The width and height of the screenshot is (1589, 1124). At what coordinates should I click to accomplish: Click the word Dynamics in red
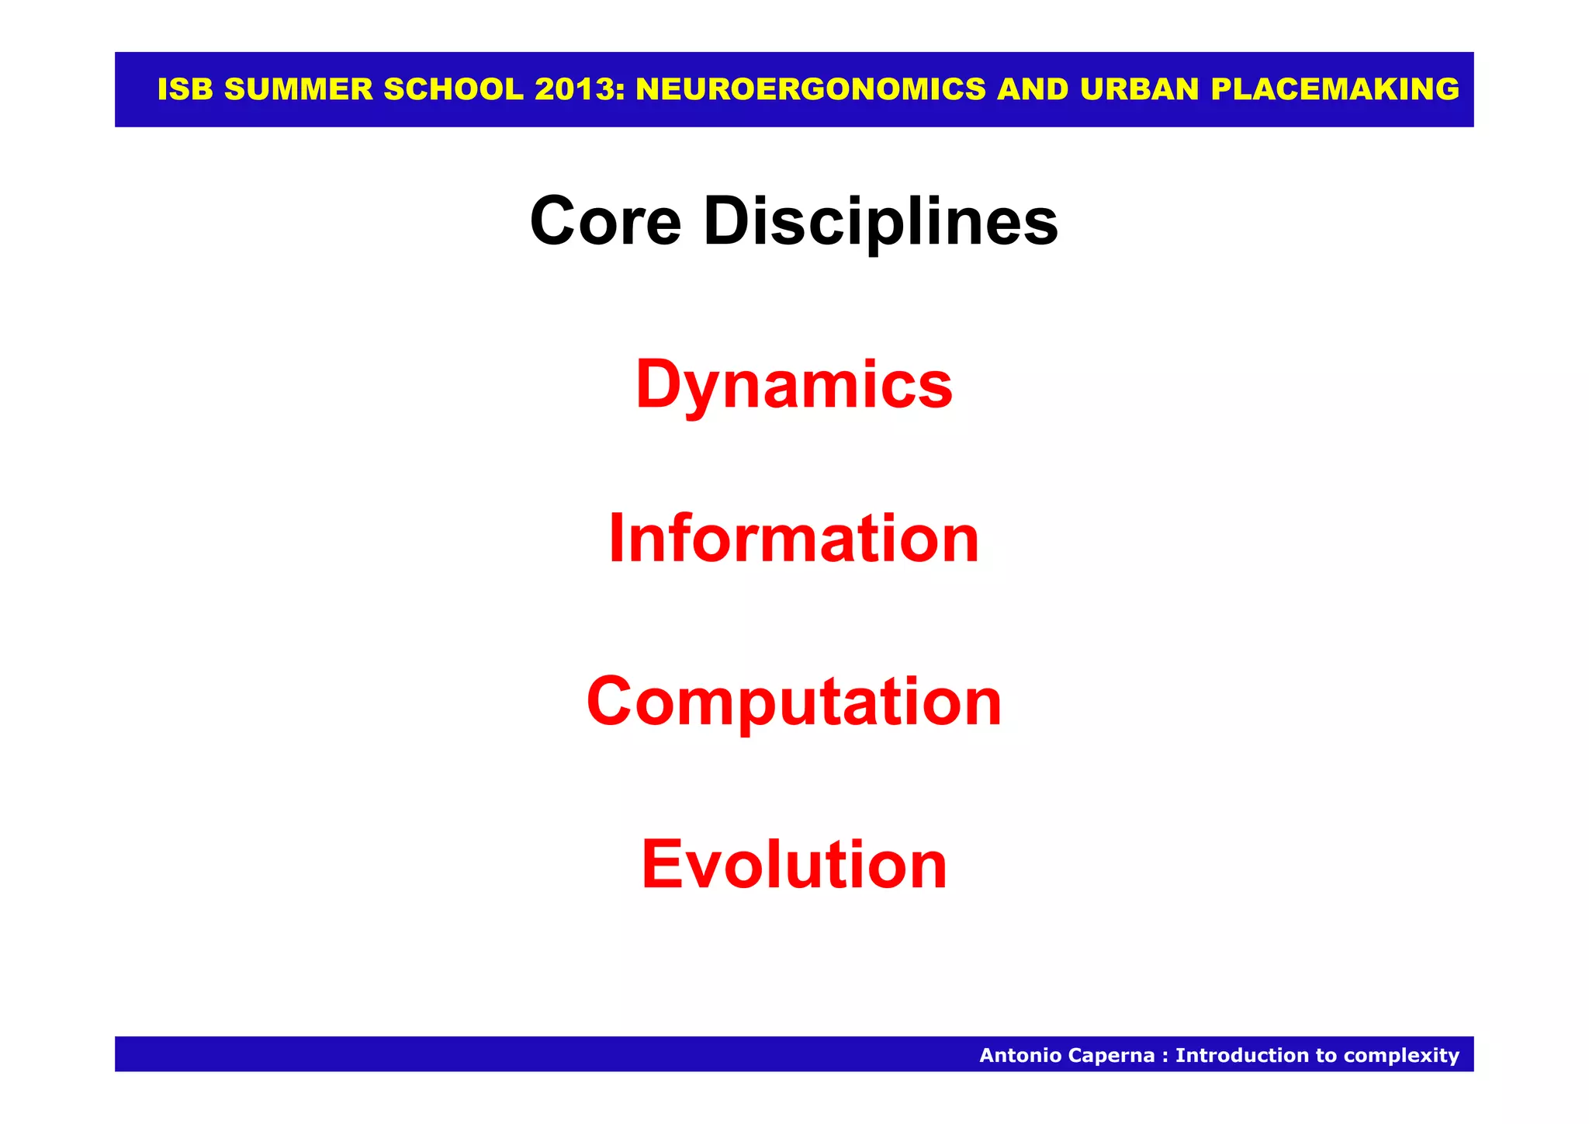pos(794,385)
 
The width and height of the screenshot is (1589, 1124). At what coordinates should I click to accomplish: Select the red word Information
pos(794,539)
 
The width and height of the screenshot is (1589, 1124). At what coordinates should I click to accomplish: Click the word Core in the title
pos(605,222)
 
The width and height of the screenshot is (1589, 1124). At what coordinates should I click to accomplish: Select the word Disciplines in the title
pos(881,222)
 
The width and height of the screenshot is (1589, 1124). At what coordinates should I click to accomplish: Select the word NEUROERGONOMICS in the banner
pos(811,90)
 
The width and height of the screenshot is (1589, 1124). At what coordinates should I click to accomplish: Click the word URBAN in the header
pos(1140,90)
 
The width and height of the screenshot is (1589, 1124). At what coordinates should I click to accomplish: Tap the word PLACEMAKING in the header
pos(1335,90)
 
